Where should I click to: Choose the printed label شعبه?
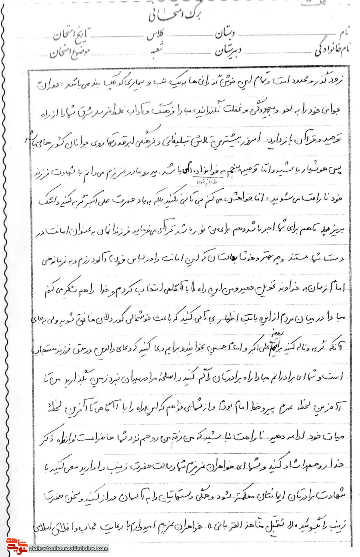[157, 51]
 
